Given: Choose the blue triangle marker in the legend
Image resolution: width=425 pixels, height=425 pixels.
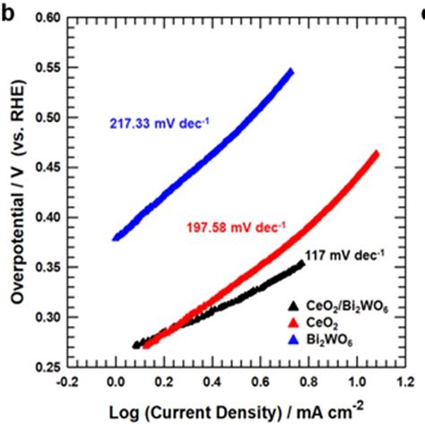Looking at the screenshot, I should pyautogui.click(x=294, y=336).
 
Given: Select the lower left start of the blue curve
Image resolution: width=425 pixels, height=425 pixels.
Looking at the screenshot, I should pyautogui.click(x=117, y=238).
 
